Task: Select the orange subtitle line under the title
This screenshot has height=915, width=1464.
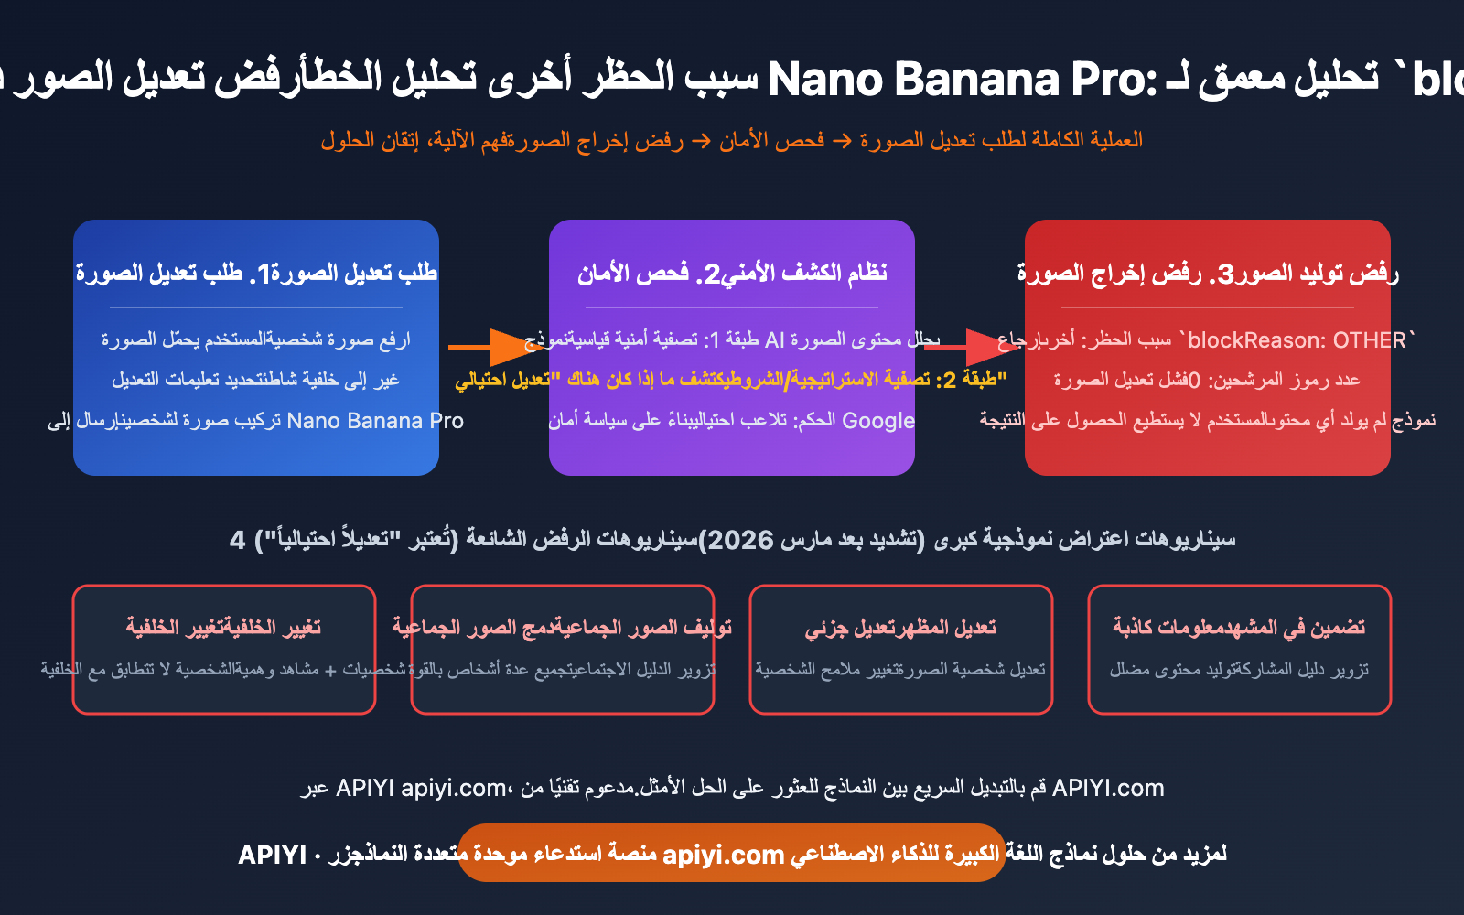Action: [x=731, y=140]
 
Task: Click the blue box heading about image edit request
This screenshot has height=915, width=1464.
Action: [x=256, y=273]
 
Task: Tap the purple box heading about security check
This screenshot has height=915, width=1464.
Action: [x=732, y=273]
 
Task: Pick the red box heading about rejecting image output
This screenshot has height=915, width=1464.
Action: [x=1208, y=273]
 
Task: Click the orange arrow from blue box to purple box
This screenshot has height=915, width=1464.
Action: [x=490, y=348]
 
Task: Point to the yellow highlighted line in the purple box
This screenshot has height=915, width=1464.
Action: [x=731, y=379]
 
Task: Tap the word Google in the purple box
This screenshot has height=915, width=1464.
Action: [x=877, y=421]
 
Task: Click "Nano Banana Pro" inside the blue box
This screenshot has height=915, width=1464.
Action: [x=375, y=421]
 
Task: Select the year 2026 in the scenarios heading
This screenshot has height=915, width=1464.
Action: [x=740, y=540]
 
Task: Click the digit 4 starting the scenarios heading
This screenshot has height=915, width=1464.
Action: [x=238, y=540]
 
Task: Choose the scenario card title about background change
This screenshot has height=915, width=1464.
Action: [x=223, y=627]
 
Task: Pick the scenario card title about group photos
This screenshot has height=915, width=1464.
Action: [x=562, y=627]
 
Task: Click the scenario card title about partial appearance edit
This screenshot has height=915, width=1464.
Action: [x=900, y=627]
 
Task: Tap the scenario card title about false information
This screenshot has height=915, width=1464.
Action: [x=1239, y=627]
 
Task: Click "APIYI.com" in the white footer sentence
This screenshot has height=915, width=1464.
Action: [x=1108, y=788]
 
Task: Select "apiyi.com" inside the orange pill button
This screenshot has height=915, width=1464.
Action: [x=723, y=855]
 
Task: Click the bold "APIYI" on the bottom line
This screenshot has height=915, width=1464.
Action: [x=272, y=855]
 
